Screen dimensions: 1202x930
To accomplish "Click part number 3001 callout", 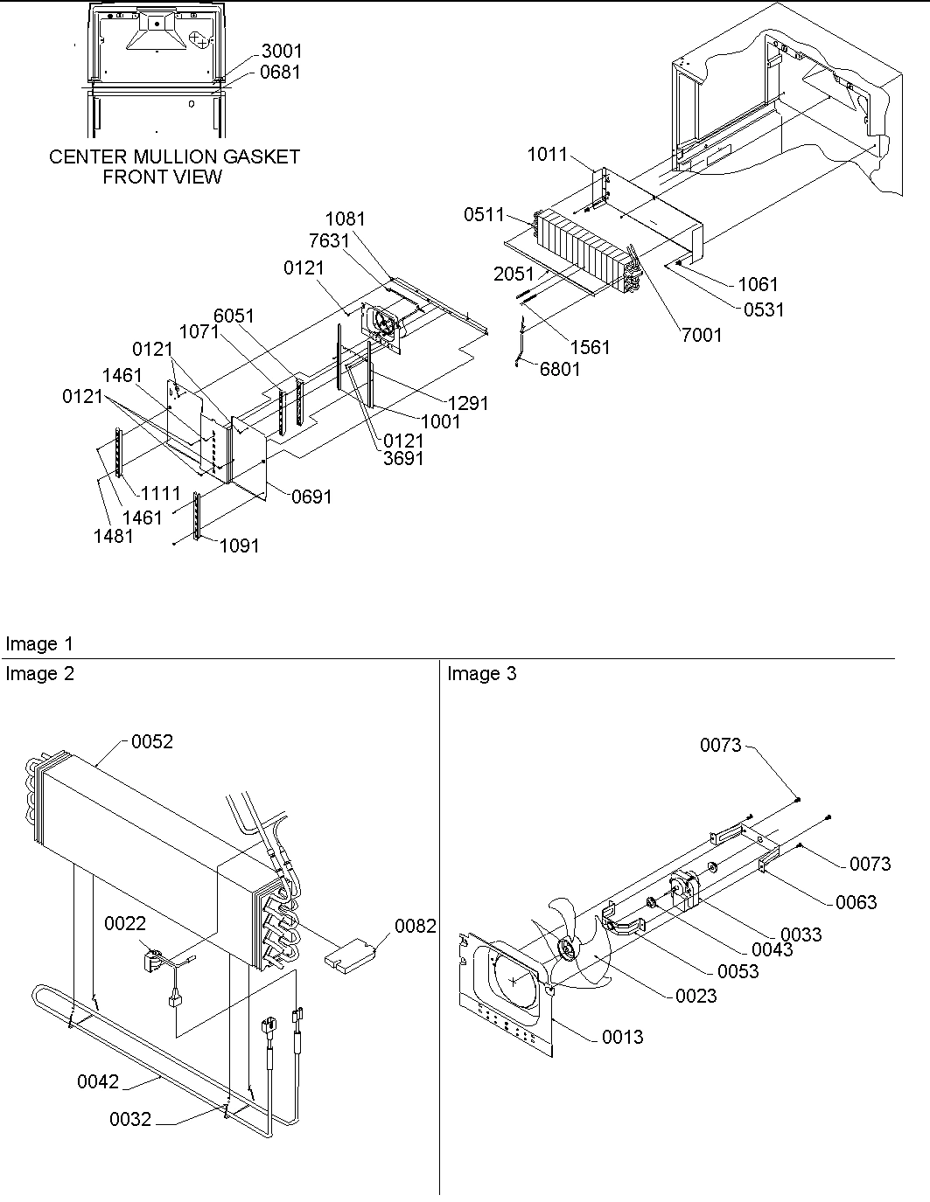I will tap(281, 52).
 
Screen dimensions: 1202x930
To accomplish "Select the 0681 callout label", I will tap(280, 73).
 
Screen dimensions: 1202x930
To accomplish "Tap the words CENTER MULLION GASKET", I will tap(174, 156).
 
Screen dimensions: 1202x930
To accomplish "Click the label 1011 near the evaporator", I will tap(547, 155).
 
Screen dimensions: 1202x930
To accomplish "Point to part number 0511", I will tap(484, 215).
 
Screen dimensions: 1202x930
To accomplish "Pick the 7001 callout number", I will tap(701, 335).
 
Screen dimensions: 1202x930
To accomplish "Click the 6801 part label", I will tap(560, 369).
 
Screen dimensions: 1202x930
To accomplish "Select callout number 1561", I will tap(590, 347).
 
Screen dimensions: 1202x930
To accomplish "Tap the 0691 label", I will tap(311, 497).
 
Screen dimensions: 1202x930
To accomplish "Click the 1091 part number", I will tap(239, 545).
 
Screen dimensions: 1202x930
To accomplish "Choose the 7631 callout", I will tap(329, 240).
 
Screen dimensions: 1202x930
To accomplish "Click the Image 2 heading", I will tap(39, 674).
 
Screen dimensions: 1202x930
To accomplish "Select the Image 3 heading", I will tap(482, 674).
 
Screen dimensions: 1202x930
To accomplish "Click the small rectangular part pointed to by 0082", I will tap(352, 952).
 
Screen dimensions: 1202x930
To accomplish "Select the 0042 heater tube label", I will tap(98, 1081).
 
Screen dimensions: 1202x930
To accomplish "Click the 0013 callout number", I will tap(622, 1037).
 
